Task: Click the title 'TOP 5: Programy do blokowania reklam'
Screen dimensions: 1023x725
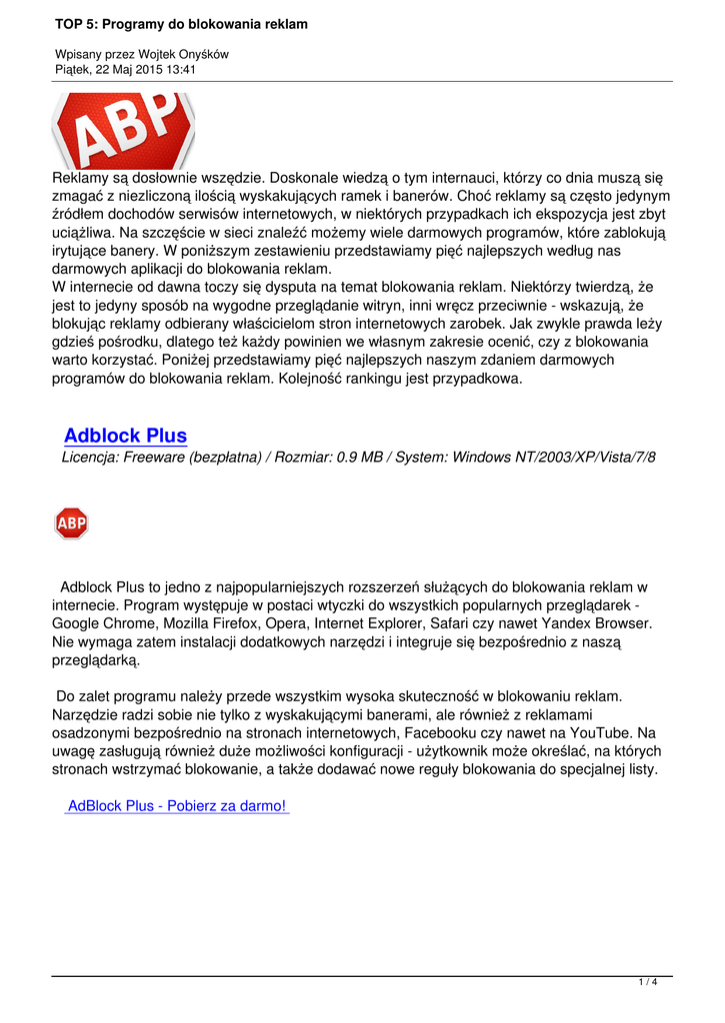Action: point(181,23)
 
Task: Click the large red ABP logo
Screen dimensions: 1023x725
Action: point(123,129)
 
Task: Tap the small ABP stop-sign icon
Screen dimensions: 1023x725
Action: point(71,522)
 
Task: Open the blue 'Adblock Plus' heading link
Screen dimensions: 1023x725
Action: point(125,436)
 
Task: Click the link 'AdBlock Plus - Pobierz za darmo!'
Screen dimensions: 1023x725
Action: point(176,806)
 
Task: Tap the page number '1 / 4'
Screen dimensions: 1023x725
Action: point(648,984)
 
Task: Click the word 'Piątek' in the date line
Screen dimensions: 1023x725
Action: point(73,70)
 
